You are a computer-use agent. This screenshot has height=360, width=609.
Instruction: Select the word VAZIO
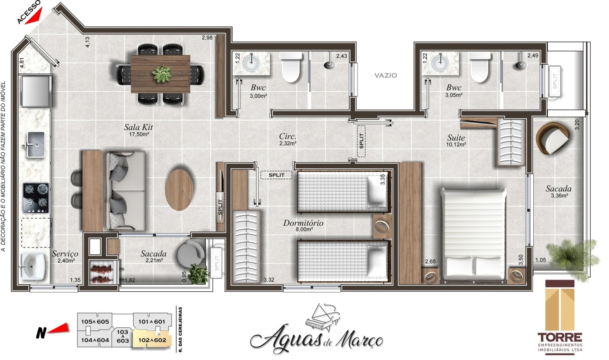386,75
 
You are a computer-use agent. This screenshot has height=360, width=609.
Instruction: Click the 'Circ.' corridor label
288,137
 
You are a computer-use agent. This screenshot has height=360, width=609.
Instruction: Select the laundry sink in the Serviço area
33,265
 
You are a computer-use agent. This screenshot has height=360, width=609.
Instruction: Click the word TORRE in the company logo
559,337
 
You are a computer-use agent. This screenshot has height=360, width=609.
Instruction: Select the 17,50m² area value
139,135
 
